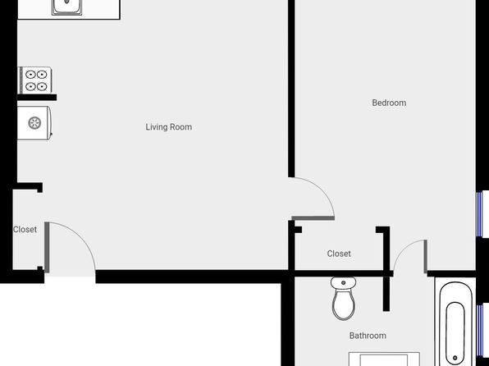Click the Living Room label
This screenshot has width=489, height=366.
point(169,127)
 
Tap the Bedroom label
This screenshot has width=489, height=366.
point(389,103)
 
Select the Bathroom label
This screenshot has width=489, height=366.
point(368,336)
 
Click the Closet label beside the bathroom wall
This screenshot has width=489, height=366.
point(339,254)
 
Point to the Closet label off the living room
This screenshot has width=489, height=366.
point(25,229)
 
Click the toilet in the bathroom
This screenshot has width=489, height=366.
point(343,298)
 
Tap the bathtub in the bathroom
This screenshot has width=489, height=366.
point(455,323)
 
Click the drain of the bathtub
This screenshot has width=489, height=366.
point(455,358)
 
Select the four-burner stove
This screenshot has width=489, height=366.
point(35,80)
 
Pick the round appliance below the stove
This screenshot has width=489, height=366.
point(34,123)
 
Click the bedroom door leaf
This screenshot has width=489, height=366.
point(313,218)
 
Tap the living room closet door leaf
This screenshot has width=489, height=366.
point(47,247)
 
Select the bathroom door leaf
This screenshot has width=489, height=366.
point(425,257)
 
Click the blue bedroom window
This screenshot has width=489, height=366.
point(479,214)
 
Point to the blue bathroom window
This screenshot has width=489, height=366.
point(480,330)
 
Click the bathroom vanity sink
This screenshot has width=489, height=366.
point(384,359)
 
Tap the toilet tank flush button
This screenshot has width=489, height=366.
point(343,282)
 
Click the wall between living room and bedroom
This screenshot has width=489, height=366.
point(291,89)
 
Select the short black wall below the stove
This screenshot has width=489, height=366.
point(37,98)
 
